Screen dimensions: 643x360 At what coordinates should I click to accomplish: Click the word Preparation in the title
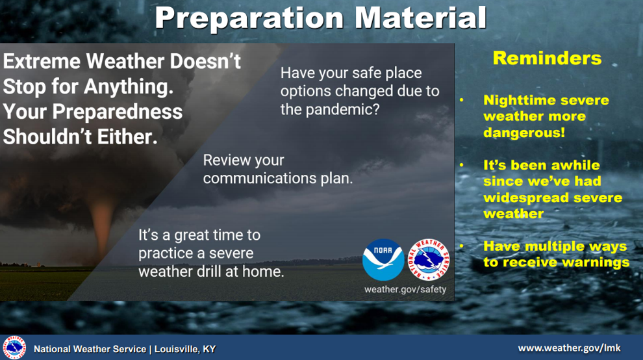249,18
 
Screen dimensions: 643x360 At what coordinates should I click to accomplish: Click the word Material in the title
420,18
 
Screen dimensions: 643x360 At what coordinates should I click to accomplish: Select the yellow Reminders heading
547,58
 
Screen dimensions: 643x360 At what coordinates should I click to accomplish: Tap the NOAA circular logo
383,260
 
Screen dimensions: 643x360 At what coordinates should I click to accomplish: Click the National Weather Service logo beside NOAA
429,260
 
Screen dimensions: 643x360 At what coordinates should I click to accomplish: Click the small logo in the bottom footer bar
14,348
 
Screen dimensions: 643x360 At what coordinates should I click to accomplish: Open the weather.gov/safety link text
405,289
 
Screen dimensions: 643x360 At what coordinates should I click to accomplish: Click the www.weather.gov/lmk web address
569,348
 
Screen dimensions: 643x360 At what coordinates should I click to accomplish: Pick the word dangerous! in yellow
524,133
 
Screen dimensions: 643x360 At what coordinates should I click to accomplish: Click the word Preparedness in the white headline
118,112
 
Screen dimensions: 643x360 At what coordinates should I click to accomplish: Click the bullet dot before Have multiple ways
462,246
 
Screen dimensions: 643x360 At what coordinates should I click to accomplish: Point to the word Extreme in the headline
42,61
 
